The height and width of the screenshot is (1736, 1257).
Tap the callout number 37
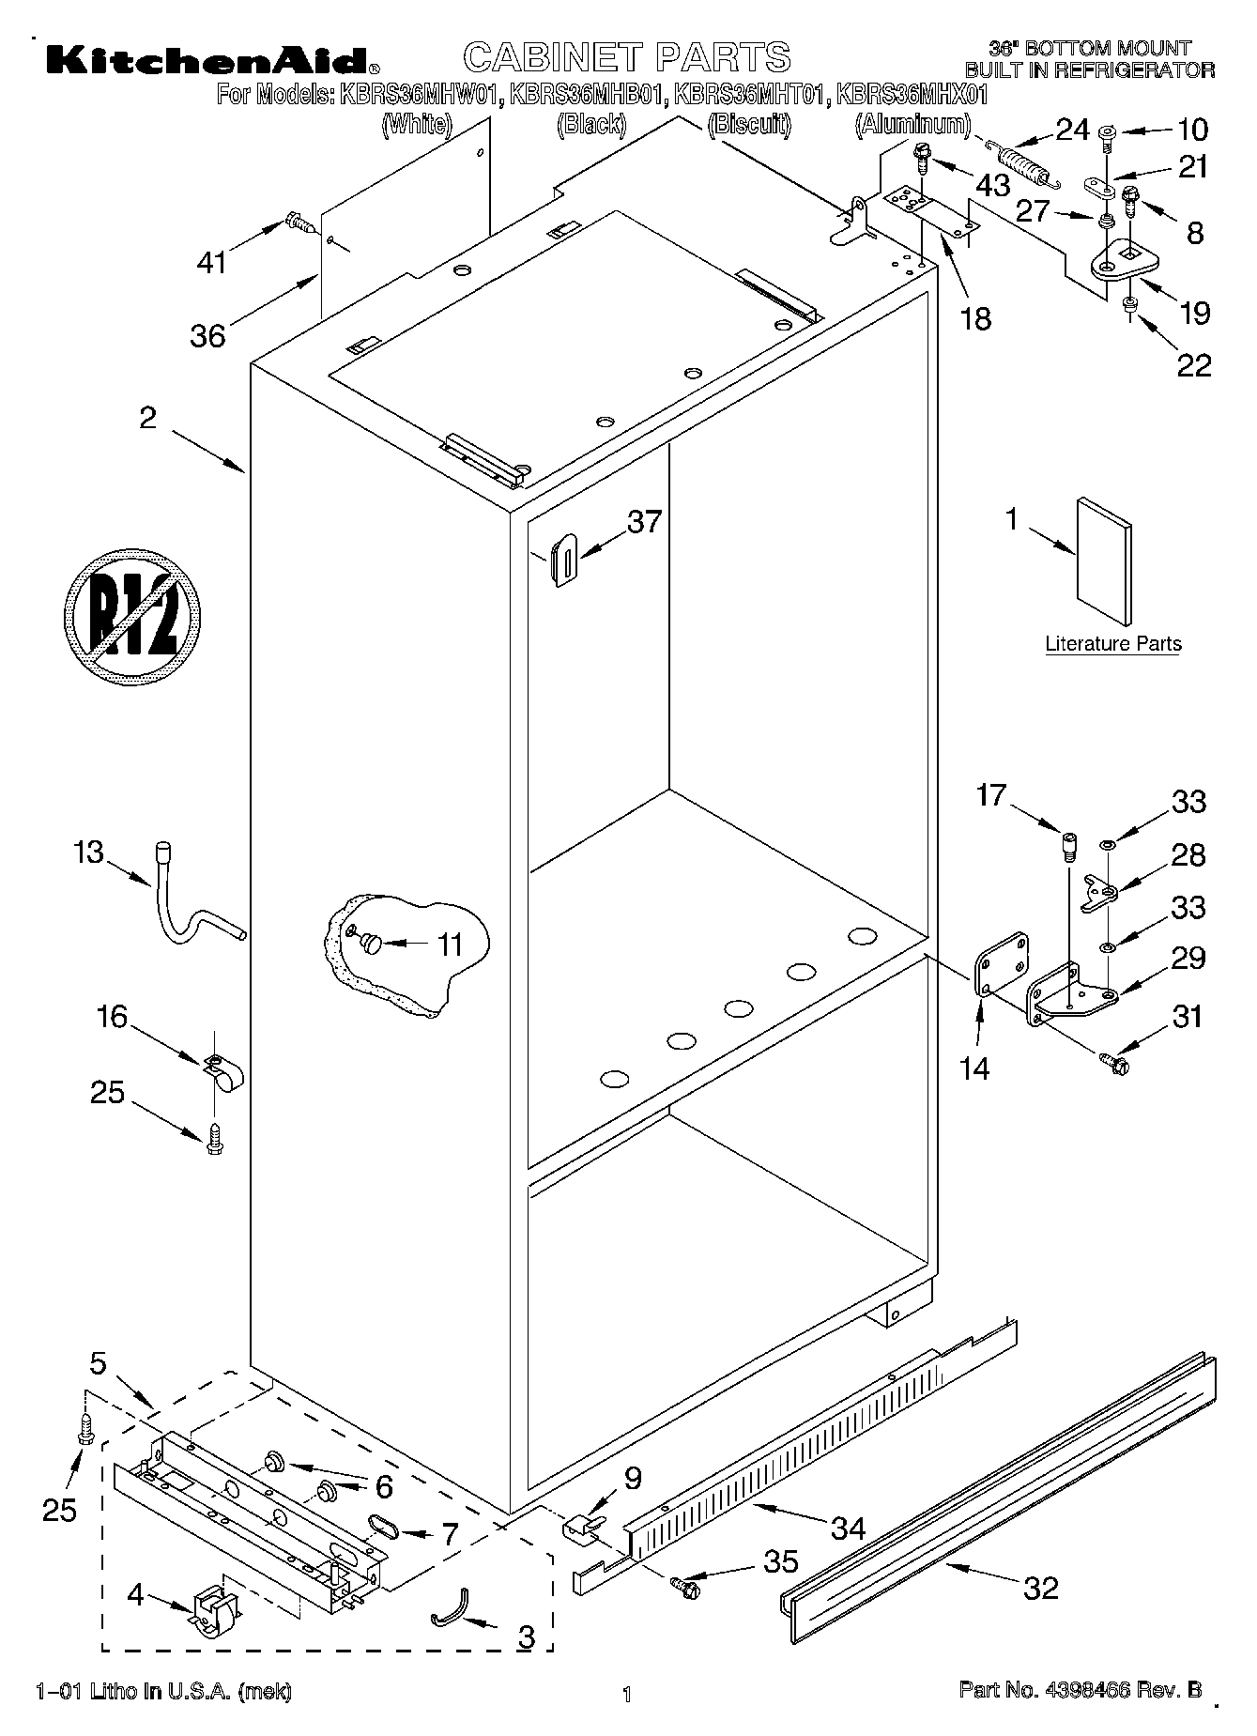pyautogui.click(x=644, y=522)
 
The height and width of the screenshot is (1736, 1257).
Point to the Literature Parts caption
pyautogui.click(x=1112, y=644)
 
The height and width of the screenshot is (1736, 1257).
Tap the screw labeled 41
pyautogui.click(x=299, y=223)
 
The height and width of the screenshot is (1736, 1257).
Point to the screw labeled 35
pyautogui.click(x=686, y=1586)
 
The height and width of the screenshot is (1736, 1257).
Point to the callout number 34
pyautogui.click(x=848, y=1528)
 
